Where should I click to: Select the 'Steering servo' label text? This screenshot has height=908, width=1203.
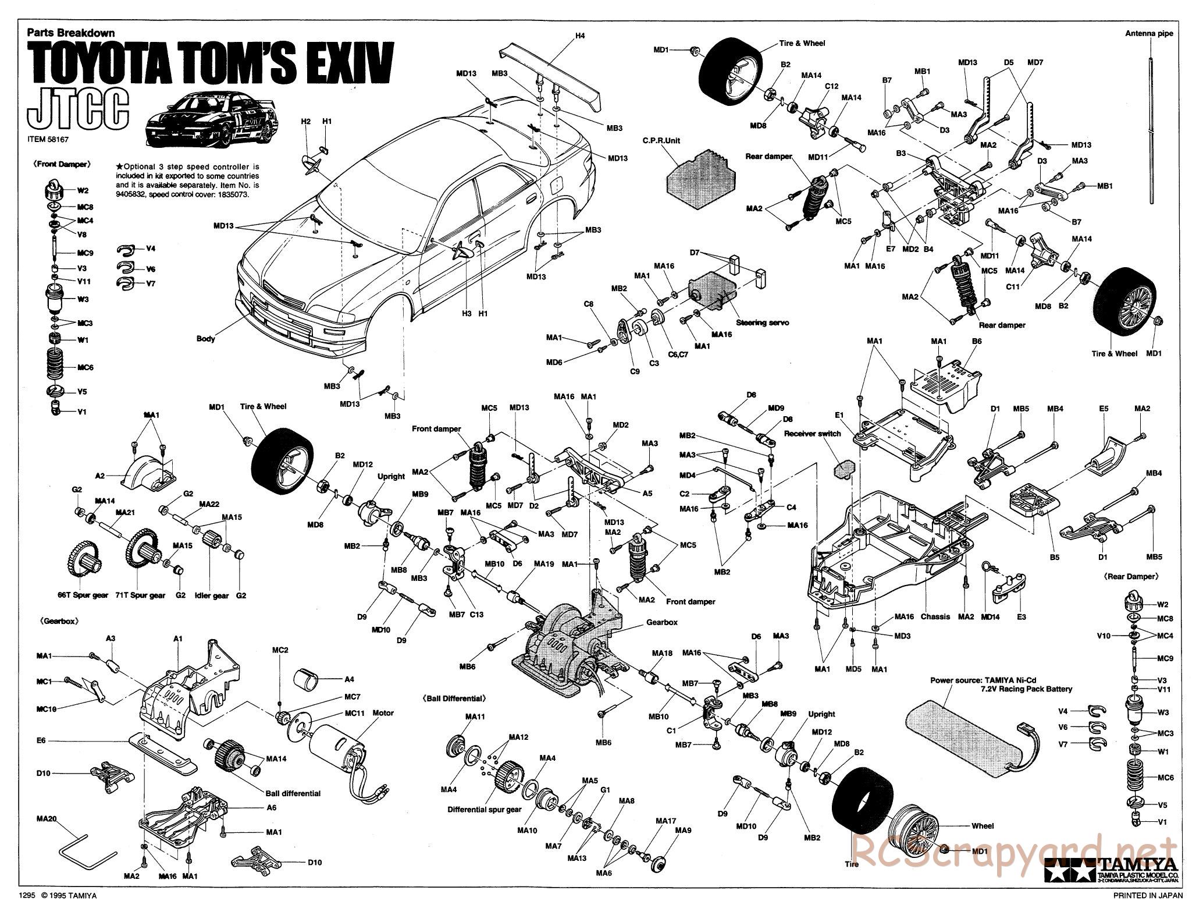pyautogui.click(x=762, y=322)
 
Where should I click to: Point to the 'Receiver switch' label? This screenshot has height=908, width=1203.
pyautogui.click(x=813, y=434)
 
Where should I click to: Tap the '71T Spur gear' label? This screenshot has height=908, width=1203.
pyautogui.click(x=143, y=595)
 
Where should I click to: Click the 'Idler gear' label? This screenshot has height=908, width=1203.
pyautogui.click(x=212, y=595)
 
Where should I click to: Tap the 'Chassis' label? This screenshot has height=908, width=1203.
pyautogui.click(x=935, y=616)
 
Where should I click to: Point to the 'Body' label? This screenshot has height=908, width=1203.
pyautogui.click(x=205, y=338)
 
